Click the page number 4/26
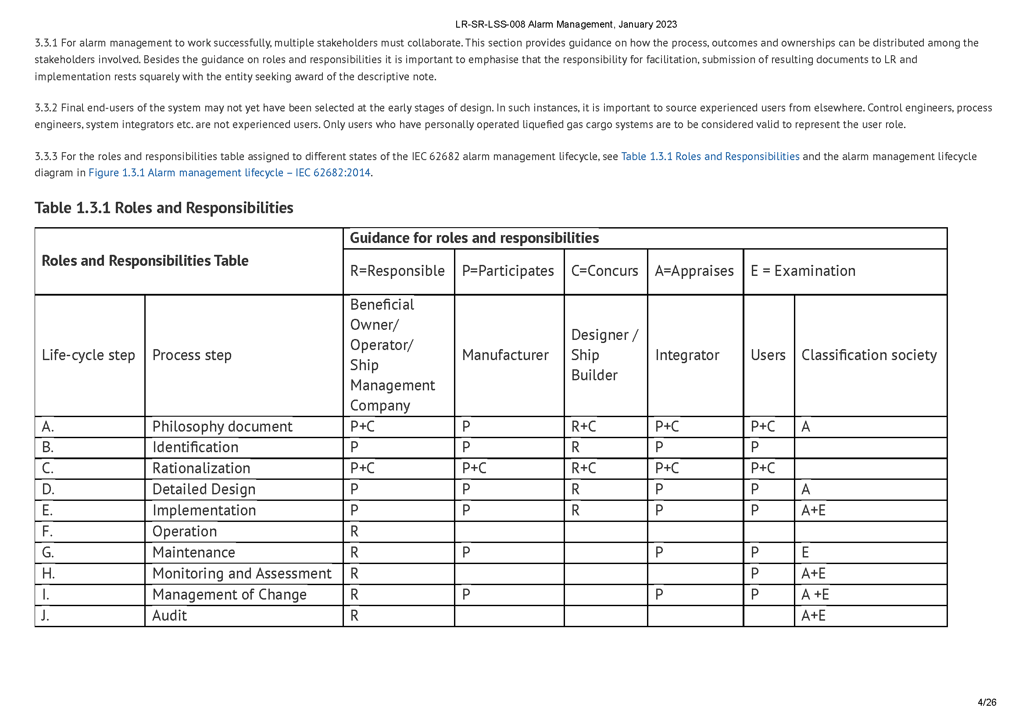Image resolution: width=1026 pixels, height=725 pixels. (987, 702)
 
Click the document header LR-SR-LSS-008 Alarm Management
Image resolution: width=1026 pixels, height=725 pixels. (566, 24)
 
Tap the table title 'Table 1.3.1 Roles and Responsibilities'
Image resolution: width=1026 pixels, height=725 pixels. (164, 208)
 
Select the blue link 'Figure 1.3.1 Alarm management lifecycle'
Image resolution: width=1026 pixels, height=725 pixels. (229, 173)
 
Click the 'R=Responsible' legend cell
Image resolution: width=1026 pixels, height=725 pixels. (397, 271)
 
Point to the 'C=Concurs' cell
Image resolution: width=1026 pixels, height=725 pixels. (604, 271)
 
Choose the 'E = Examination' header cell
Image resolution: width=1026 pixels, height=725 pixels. (803, 271)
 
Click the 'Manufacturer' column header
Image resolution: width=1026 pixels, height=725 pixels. (505, 355)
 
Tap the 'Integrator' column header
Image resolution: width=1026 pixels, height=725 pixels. (687, 355)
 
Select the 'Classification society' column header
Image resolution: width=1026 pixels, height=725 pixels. (869, 355)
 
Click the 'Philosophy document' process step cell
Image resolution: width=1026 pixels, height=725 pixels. (222, 427)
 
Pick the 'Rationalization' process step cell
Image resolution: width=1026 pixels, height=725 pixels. (201, 468)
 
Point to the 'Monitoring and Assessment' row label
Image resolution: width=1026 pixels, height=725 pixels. (242, 573)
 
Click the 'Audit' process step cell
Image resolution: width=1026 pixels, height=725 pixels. (169, 615)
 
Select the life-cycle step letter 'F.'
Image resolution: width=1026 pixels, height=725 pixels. (47, 531)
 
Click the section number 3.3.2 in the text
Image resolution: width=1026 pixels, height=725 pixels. (46, 107)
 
